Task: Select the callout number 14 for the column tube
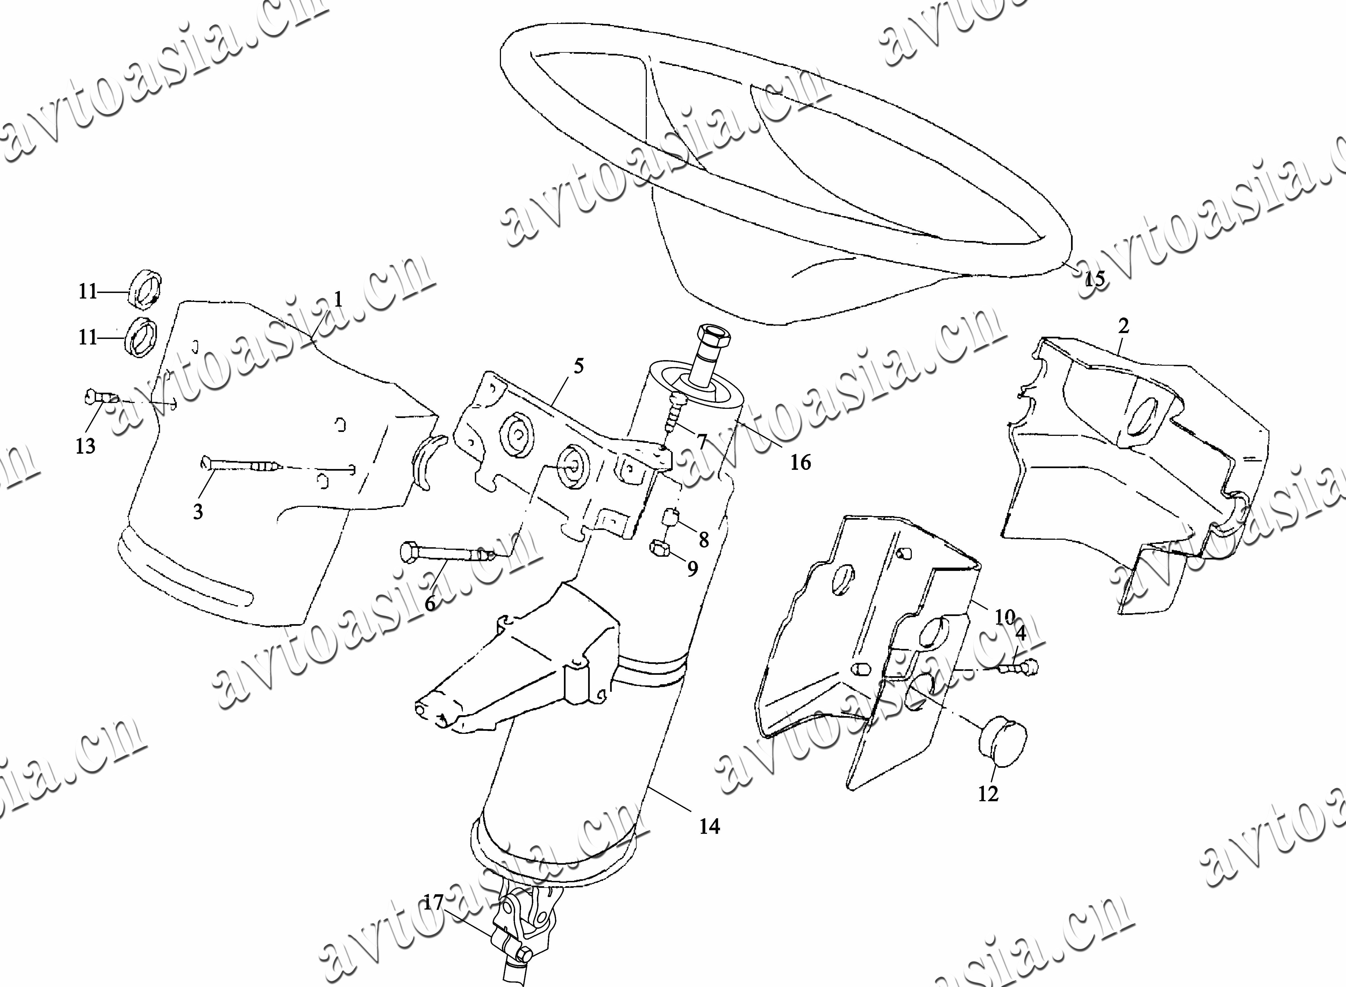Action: [x=709, y=827]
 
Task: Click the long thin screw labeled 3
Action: [x=239, y=464]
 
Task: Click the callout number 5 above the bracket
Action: [x=578, y=366]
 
